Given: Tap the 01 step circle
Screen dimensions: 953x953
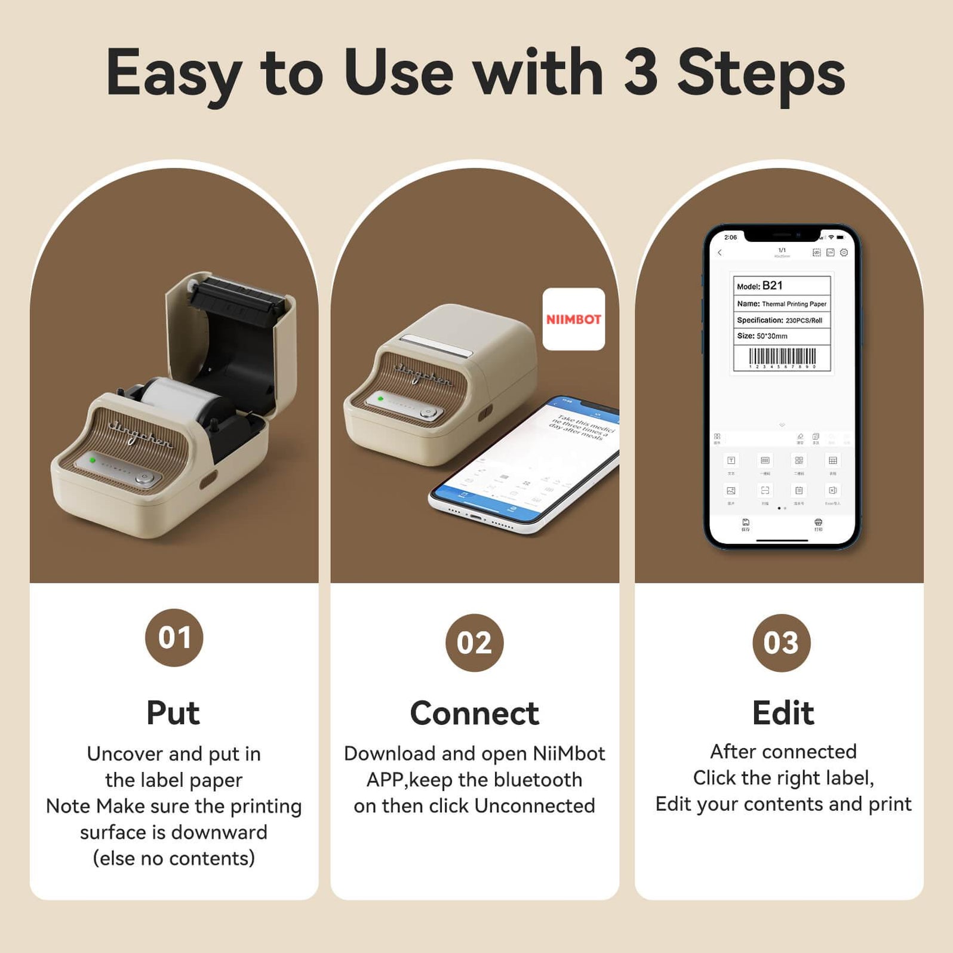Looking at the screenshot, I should pyautogui.click(x=174, y=638).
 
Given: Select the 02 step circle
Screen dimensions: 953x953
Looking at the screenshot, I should pyautogui.click(x=474, y=642).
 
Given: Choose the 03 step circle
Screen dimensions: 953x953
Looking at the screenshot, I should pyautogui.click(x=781, y=642).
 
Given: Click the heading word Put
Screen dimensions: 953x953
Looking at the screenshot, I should pyautogui.click(x=173, y=712).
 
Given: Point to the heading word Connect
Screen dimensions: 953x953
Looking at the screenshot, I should pyautogui.click(x=474, y=713).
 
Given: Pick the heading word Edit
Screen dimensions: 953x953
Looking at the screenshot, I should pyautogui.click(x=782, y=712).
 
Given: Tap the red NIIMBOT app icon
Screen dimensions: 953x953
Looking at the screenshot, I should pyautogui.click(x=573, y=319).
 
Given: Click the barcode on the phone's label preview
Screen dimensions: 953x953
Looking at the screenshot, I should pyautogui.click(x=782, y=358).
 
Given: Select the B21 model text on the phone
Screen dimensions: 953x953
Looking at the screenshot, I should pyautogui.click(x=772, y=285).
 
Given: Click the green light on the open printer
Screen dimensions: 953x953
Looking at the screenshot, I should pyautogui.click(x=93, y=460).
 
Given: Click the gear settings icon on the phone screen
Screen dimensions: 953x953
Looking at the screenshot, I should pyautogui.click(x=844, y=253).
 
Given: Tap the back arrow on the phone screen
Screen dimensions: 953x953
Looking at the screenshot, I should pyautogui.click(x=720, y=253).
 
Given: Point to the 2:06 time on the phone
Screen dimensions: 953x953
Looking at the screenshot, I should pyautogui.click(x=730, y=237).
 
